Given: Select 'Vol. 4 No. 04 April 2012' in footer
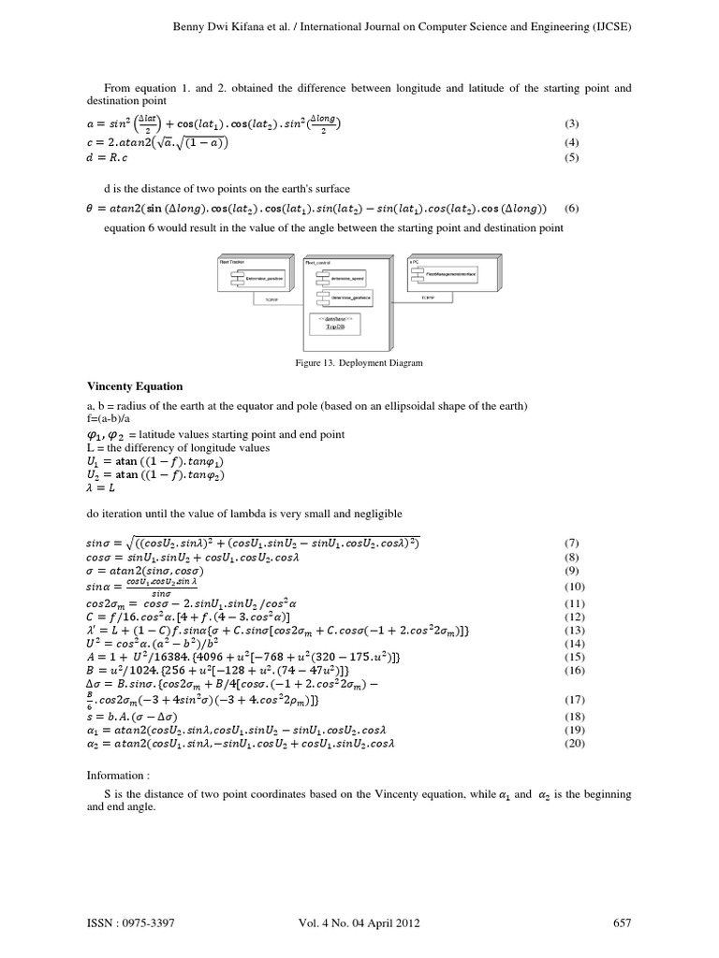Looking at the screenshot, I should coord(359,922).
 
